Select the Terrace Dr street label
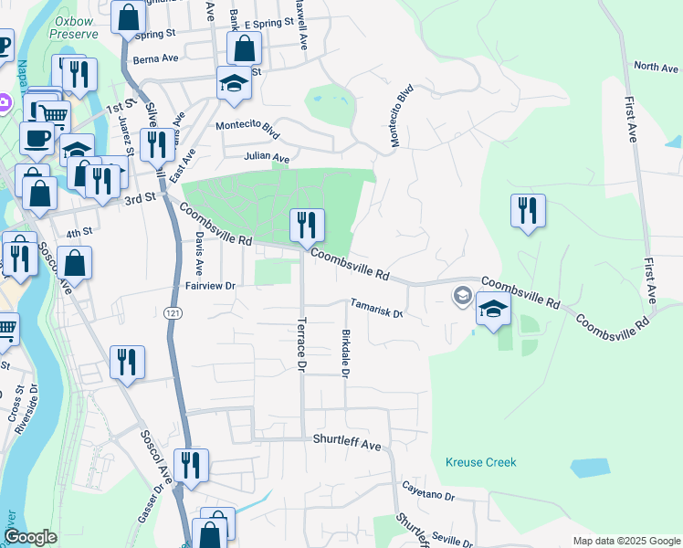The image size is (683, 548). tap(300, 344)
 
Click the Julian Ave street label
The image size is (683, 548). tap(267, 156)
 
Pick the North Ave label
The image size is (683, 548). tap(657, 67)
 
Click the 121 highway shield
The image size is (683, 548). tap(172, 312)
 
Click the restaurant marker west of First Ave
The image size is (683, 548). tap(528, 211)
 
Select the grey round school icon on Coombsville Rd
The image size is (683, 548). tap(463, 295)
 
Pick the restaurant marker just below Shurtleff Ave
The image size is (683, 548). tap(192, 466)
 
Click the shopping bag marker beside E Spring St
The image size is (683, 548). tap(244, 48)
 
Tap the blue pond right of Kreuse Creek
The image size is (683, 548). tap(590, 467)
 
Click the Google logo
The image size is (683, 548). tap(31, 537)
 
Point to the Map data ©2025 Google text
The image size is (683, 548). tap(625, 541)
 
